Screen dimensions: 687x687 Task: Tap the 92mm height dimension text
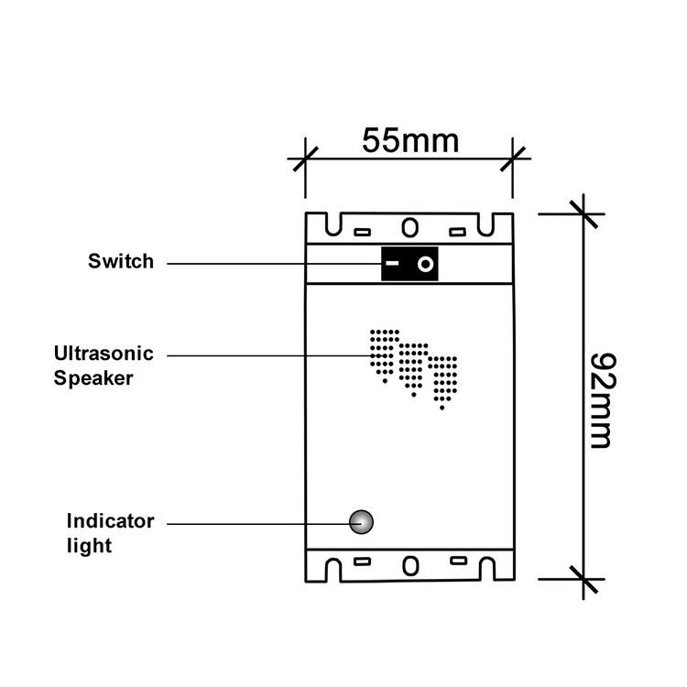[x=600, y=398]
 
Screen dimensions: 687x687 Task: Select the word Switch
[x=121, y=262]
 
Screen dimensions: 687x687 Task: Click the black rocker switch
[x=409, y=265]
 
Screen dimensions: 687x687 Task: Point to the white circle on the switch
[x=425, y=265]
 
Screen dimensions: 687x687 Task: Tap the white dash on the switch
[x=392, y=265]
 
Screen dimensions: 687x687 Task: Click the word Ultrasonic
[x=104, y=354]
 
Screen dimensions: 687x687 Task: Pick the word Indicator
[x=110, y=521]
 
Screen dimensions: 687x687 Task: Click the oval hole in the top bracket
[x=409, y=225]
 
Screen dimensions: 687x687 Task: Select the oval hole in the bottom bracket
[x=409, y=564]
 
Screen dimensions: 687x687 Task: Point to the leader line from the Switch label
[x=275, y=265]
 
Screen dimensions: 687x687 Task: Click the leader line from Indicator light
[x=256, y=523]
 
